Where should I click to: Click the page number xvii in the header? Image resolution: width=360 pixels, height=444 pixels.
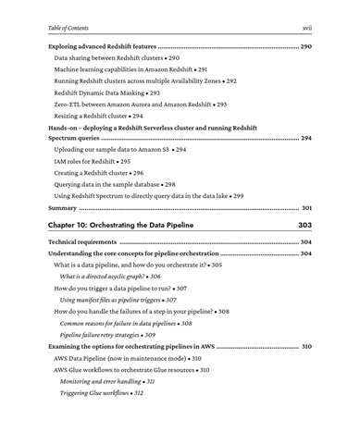coord(306,28)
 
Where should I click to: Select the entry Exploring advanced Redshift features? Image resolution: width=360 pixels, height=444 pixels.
coord(102,46)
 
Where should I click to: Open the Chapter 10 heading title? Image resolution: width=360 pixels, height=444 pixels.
coord(121,225)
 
